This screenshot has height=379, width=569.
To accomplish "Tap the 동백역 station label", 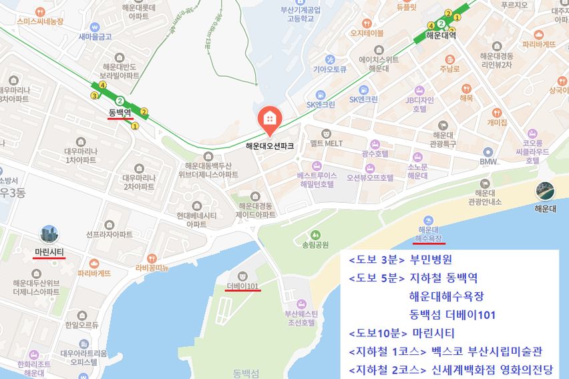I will click(x=120, y=112).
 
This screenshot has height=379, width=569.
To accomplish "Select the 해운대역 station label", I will click(x=440, y=36).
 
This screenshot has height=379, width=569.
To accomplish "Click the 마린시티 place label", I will click(x=49, y=252).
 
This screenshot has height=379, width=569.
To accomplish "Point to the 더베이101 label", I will click(x=243, y=286).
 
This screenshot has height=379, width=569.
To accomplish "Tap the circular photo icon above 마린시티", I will click(x=49, y=234).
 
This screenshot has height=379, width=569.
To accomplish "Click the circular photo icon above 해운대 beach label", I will click(x=545, y=192).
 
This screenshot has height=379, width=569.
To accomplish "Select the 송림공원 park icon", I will click(x=315, y=235).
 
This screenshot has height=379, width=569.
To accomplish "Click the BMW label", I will click(x=488, y=161).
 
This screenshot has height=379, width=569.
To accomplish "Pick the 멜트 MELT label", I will click(x=327, y=143).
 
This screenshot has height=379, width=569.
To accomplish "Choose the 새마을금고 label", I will click(x=95, y=36).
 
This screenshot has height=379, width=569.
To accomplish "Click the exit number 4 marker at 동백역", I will click(x=102, y=85).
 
